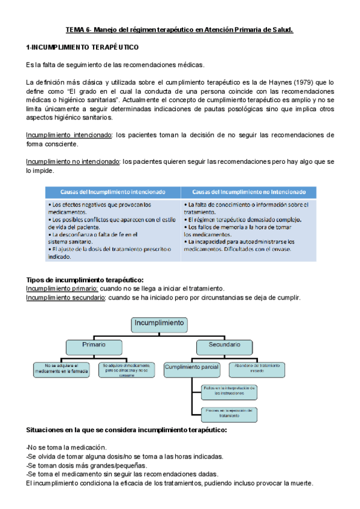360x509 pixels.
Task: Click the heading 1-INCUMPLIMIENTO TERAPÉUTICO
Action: point(83,47)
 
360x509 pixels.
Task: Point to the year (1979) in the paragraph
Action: point(298,82)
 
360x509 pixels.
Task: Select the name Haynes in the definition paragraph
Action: point(274,82)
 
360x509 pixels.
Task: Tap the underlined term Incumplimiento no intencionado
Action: point(73,161)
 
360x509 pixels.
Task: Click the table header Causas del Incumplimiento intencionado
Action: point(113,192)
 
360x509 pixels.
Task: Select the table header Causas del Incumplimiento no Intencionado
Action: point(248,192)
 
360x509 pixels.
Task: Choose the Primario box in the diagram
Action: point(94,345)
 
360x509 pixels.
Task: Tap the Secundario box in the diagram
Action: point(224,345)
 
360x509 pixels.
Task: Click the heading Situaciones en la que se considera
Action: point(127,431)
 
